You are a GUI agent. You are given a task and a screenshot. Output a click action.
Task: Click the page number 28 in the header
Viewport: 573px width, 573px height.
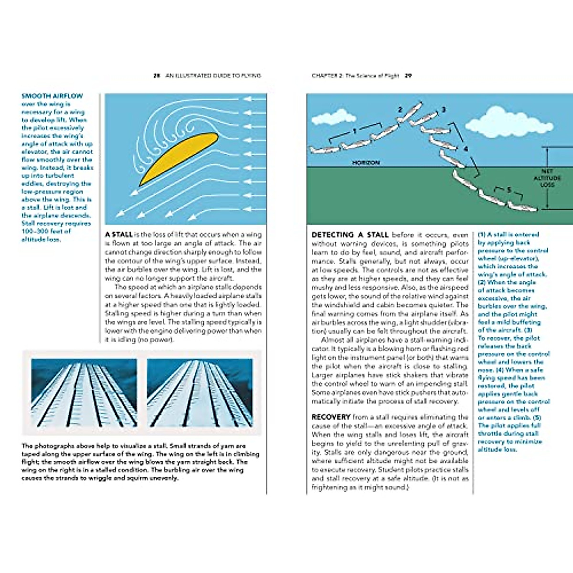[x=156, y=75]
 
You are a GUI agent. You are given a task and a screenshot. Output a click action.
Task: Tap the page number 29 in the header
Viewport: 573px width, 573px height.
[x=408, y=75]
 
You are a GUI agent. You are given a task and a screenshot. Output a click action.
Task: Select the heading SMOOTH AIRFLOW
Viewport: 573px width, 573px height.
[x=52, y=96]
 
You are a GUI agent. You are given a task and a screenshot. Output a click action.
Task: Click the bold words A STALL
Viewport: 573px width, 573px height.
[x=119, y=234]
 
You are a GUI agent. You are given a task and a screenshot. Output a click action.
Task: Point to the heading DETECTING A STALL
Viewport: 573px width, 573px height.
[x=350, y=234]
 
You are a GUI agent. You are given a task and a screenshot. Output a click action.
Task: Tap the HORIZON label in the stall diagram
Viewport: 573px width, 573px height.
[x=366, y=163]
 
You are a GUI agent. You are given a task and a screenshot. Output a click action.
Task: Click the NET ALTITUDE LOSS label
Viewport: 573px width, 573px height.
[x=547, y=178]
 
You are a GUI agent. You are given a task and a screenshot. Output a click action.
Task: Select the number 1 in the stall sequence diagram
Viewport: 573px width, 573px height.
[x=355, y=131]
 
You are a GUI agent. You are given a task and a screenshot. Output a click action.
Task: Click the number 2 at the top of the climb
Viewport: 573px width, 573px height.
[x=400, y=110]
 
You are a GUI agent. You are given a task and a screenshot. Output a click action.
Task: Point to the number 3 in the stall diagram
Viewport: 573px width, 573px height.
[x=443, y=110]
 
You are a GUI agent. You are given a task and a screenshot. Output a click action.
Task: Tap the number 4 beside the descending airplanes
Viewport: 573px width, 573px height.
[x=466, y=149]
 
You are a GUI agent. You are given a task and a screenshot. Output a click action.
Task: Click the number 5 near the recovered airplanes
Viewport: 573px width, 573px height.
[x=509, y=190]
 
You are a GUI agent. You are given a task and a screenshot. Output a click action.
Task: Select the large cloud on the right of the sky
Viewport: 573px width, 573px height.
[x=509, y=122]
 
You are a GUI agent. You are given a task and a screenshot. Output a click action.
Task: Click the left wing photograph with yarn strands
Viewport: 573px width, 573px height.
[x=84, y=393]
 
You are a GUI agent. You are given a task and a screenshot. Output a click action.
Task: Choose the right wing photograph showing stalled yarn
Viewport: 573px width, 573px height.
[x=200, y=393]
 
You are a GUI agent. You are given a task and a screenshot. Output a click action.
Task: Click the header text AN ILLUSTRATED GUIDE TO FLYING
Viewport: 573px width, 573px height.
[x=213, y=75]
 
